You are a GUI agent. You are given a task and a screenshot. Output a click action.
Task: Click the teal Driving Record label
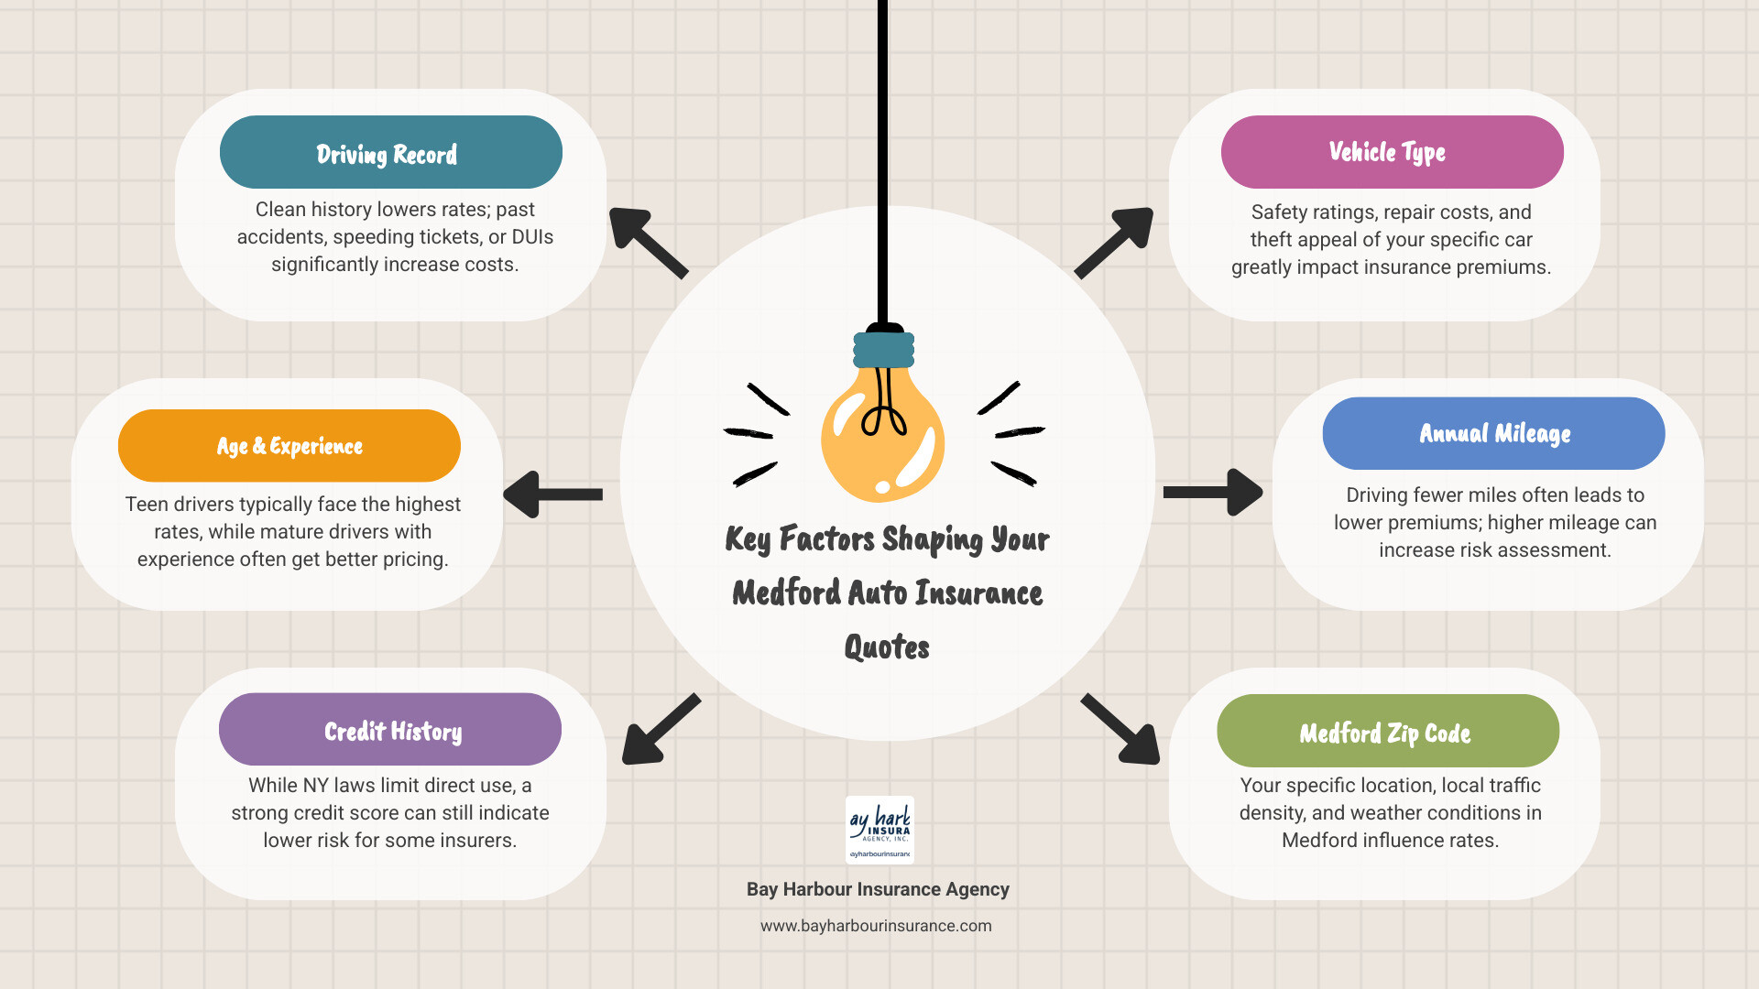tap(390, 153)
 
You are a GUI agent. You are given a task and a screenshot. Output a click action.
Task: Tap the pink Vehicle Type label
tap(1392, 152)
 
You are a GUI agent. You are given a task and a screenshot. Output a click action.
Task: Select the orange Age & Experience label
tap(290, 446)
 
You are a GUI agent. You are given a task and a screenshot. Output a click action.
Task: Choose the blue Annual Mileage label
tap(1493, 433)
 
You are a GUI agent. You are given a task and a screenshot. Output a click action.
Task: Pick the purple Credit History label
tap(390, 730)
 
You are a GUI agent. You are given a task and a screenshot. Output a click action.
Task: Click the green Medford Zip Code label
tap(1387, 732)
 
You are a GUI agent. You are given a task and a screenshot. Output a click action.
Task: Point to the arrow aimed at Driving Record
tap(646, 241)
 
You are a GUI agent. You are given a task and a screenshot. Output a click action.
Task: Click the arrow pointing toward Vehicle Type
tap(1115, 241)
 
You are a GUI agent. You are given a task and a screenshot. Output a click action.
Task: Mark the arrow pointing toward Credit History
tap(660, 730)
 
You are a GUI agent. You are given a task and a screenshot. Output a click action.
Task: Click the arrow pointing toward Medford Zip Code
tap(1121, 730)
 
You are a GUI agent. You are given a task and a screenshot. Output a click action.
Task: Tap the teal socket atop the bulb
tap(884, 350)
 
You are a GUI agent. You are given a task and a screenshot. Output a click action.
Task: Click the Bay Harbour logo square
tap(879, 830)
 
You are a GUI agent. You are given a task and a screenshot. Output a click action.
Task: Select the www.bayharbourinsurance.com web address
tap(876, 926)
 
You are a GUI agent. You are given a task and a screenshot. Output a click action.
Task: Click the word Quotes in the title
tap(886, 647)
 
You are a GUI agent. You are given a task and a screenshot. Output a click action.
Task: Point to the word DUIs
tap(532, 237)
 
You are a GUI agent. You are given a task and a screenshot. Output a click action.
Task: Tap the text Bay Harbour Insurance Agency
tap(878, 889)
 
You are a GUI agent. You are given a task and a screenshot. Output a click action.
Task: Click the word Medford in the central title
tap(786, 593)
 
